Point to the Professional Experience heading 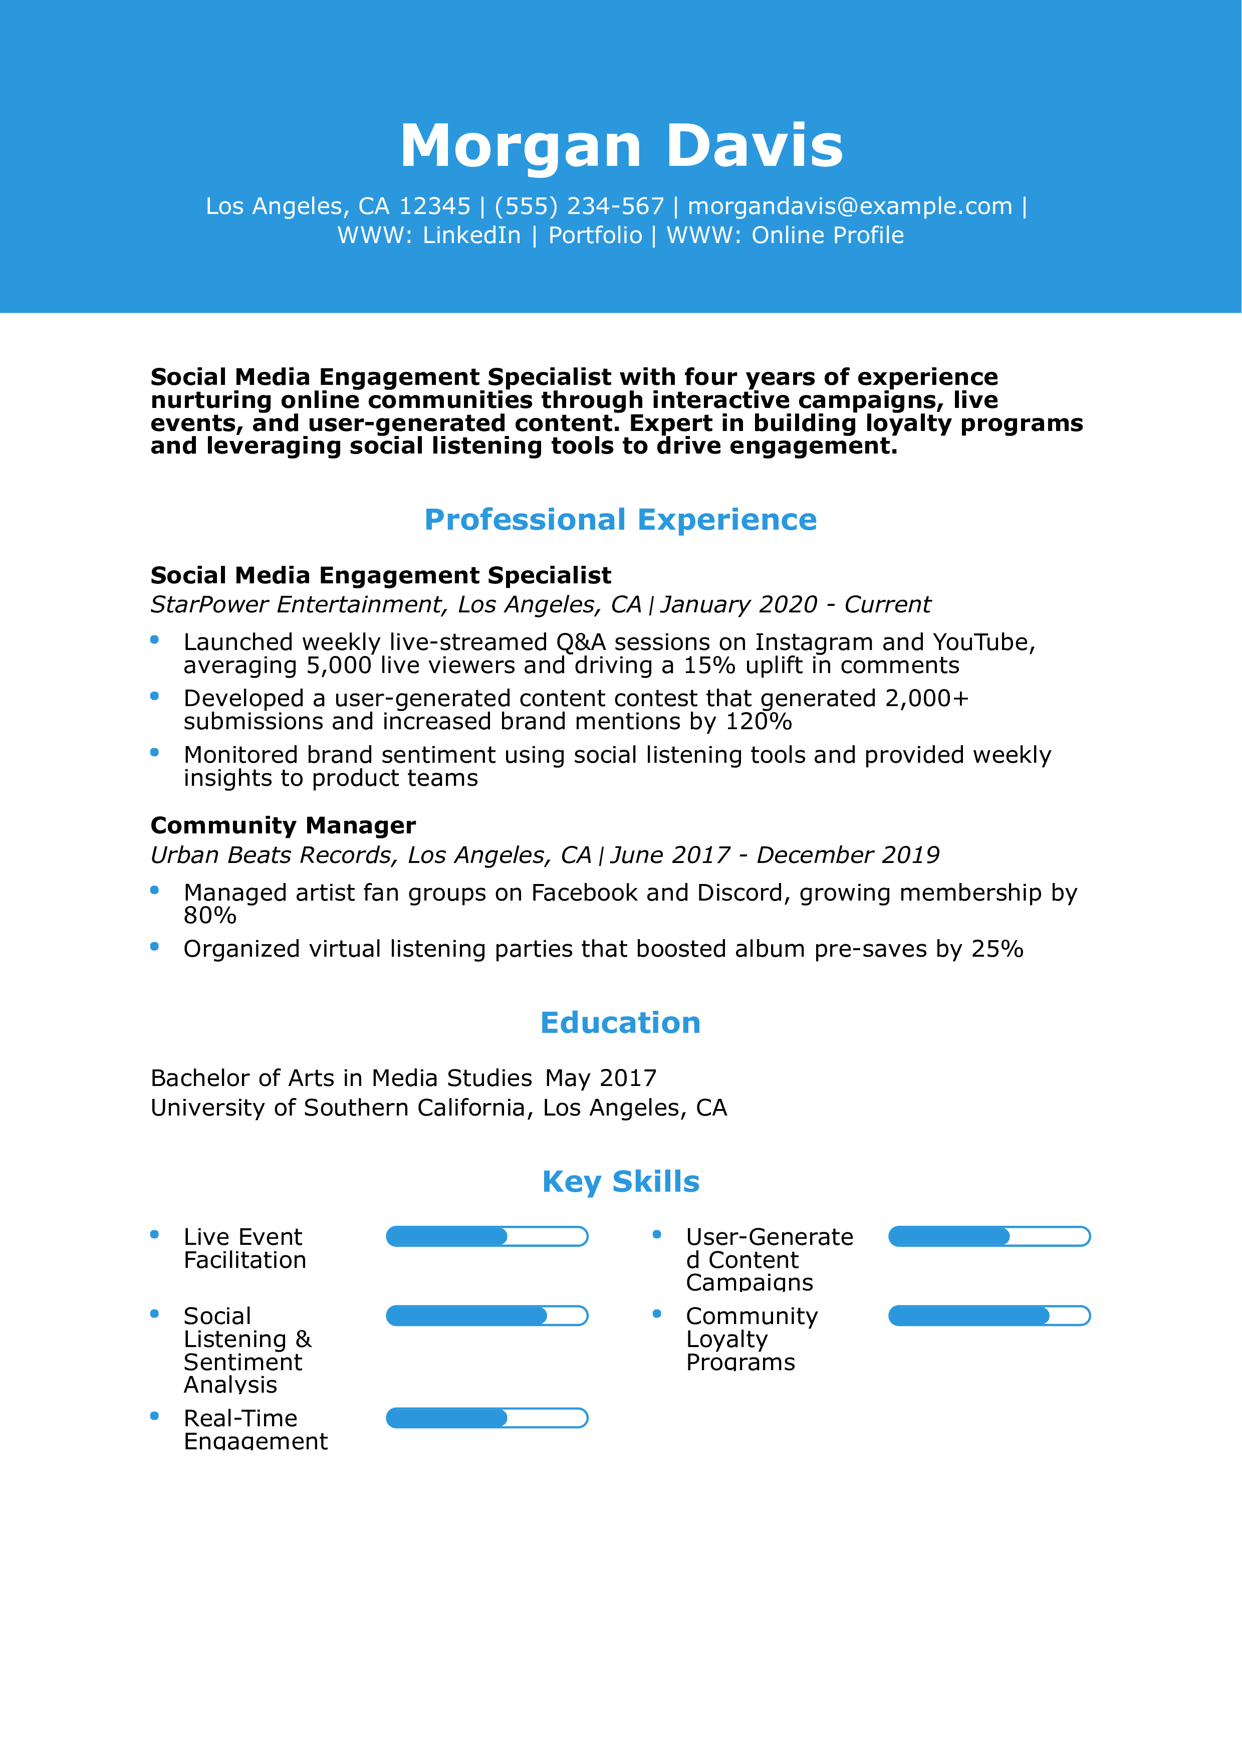[621, 520]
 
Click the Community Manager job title [283, 825]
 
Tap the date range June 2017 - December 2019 [775, 855]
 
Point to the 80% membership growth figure [210, 915]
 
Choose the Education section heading [621, 1023]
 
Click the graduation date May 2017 [601, 1078]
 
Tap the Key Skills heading [621, 1182]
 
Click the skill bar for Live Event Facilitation [486, 1237]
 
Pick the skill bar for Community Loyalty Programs [988, 1316]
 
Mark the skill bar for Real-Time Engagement [486, 1418]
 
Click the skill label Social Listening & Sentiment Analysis [247, 1350]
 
